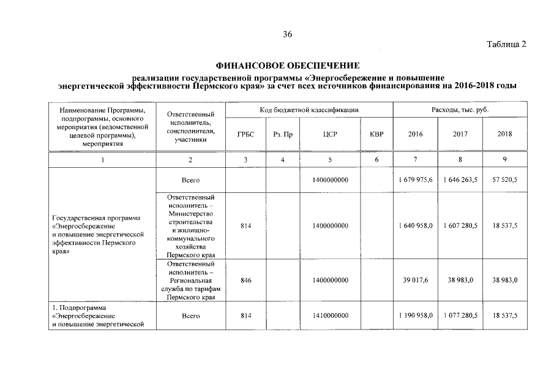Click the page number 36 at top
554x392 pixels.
click(287, 34)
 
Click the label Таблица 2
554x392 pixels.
click(506, 44)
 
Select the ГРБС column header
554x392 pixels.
click(245, 134)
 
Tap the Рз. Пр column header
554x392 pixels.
click(282, 134)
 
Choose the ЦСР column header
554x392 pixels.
click(330, 134)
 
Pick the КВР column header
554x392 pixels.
click(376, 134)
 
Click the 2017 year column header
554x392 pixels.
click(460, 134)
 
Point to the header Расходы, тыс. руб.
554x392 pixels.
click(460, 110)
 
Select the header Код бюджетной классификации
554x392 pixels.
click(309, 110)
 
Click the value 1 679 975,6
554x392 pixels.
click(415, 180)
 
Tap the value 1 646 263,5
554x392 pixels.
click(460, 180)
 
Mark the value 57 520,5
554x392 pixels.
click(504, 180)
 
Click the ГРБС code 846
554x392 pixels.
click(245, 280)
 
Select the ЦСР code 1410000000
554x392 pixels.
click(330, 315)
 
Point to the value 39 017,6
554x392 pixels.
click(415, 280)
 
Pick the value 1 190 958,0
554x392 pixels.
click(415, 315)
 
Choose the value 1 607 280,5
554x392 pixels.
click(460, 225)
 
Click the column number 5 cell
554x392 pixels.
click(330, 160)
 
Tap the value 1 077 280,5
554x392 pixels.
click(460, 315)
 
